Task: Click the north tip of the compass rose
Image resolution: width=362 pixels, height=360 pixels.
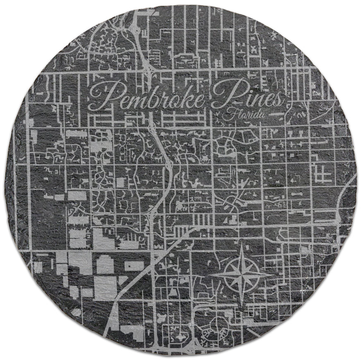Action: (242, 244)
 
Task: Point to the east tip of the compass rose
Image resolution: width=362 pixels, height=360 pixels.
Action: (273, 274)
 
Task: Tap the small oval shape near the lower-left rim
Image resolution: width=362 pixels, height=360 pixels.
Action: (76, 313)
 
